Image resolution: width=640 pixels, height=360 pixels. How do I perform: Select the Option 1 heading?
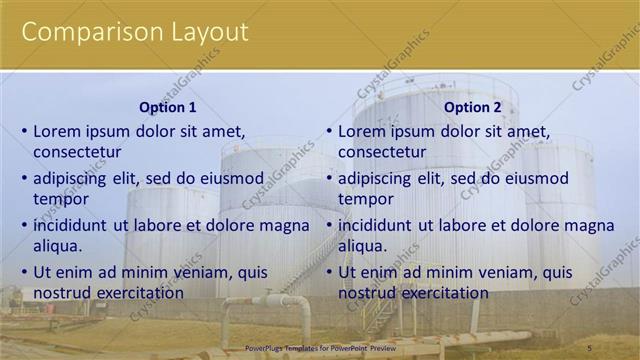click(167, 108)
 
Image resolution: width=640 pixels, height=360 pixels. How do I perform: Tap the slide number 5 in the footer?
click(617, 348)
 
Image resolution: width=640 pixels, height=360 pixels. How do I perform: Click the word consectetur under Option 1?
click(77, 153)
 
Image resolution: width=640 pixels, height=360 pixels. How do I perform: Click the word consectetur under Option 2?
click(382, 153)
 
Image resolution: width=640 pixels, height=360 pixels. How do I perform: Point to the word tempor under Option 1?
click(60, 200)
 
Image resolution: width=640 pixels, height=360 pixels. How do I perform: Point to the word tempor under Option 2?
click(365, 200)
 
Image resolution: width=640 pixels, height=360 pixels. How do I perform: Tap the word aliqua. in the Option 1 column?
click(58, 246)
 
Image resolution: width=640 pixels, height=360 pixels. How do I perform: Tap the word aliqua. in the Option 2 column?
click(363, 246)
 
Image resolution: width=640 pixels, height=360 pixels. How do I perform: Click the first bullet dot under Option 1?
click(24, 132)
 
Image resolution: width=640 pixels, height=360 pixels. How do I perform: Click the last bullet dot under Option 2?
click(329, 272)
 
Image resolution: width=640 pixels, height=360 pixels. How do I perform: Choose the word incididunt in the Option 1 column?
click(73, 225)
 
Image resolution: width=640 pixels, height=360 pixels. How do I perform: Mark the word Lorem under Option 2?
click(361, 132)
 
